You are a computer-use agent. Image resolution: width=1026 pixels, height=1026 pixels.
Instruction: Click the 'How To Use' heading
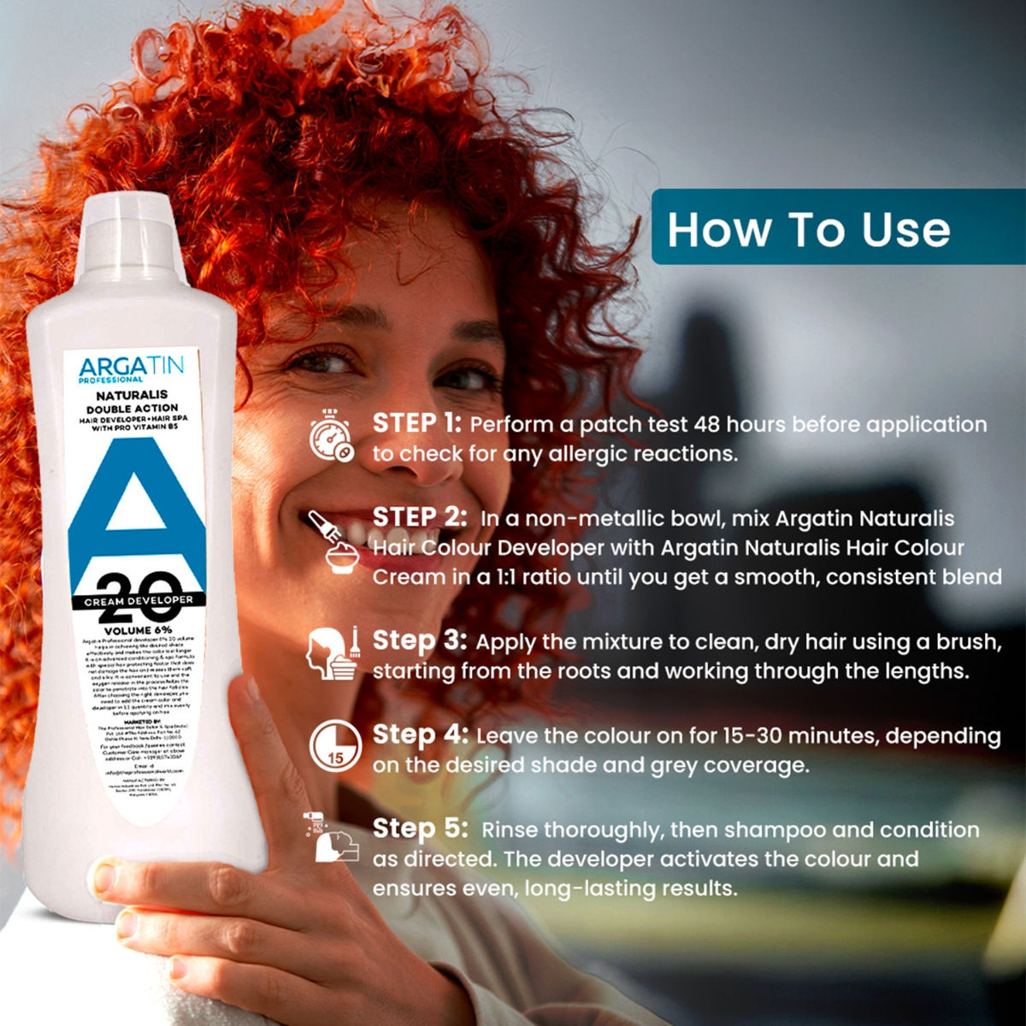(x=808, y=230)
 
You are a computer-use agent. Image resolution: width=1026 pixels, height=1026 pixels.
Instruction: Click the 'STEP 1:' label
(x=417, y=423)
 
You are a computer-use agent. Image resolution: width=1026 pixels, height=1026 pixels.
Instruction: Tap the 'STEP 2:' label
(x=419, y=517)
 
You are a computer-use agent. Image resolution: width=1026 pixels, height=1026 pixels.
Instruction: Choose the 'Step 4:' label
(x=420, y=734)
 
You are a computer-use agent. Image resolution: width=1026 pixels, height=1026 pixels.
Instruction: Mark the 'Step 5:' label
(x=420, y=828)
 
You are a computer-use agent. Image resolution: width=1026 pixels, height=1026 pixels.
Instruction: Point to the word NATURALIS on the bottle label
(x=132, y=396)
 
